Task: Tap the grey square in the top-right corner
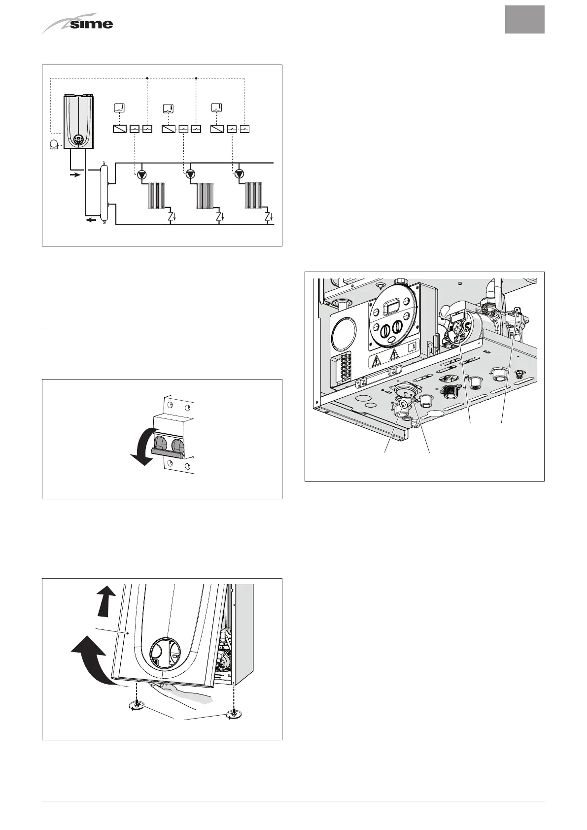pyautogui.click(x=524, y=20)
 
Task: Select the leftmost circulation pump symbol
pyautogui.click(x=142, y=174)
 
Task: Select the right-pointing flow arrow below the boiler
pyautogui.click(x=73, y=174)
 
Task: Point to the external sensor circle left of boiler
pyautogui.click(x=55, y=144)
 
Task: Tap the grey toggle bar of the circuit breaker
pyautogui.click(x=168, y=450)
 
